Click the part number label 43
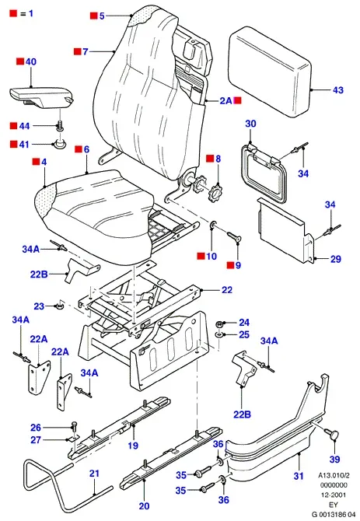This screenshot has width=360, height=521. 337,90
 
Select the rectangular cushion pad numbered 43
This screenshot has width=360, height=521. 270,72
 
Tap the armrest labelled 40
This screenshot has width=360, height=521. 41,97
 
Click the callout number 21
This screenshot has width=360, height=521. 94,473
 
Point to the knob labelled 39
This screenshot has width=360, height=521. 334,435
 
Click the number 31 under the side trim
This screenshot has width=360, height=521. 299,476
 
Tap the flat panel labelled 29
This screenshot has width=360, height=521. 285,231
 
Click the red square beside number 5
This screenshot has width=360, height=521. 94,16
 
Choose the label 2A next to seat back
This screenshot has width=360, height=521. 225,100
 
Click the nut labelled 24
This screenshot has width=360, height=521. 219,323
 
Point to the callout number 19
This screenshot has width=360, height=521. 133,445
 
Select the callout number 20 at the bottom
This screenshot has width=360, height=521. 144,506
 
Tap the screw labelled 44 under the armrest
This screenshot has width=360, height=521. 61,126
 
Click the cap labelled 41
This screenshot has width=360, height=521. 60,144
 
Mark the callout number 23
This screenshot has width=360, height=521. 39,306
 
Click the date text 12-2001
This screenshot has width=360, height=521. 333,495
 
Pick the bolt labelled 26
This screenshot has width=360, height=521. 74,427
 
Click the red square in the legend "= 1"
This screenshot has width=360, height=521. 14,14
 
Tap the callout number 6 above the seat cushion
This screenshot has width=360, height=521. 86,149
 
